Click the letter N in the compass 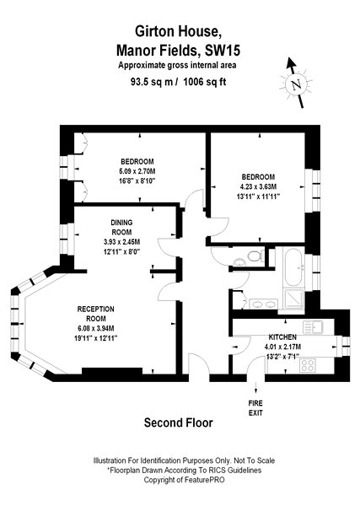[x=296, y=85]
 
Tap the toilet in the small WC [x=255, y=256]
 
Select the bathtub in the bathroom [x=293, y=267]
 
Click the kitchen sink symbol [x=314, y=326]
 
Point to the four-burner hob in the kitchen [x=308, y=365]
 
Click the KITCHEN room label [x=282, y=337]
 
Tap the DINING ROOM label [x=121, y=227]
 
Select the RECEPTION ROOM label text [x=96, y=314]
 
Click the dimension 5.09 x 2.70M [x=137, y=171]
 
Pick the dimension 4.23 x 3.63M [x=258, y=186]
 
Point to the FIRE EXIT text [x=255, y=408]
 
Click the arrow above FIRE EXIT [x=255, y=386]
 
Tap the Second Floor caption [x=179, y=423]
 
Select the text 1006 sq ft [x=205, y=82]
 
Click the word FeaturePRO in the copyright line [x=204, y=480]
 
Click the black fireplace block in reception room [x=112, y=371]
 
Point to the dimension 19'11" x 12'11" [x=95, y=338]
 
